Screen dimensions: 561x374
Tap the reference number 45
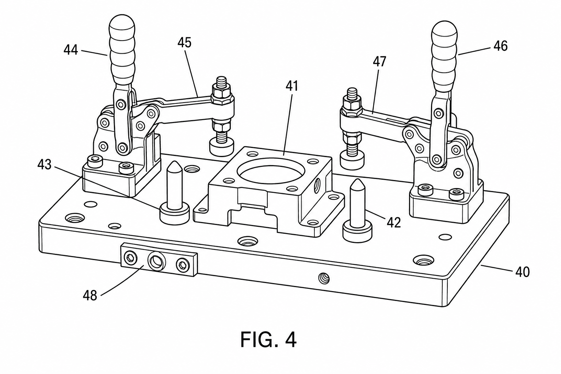pyautogui.click(x=184, y=43)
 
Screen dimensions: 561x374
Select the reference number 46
pyautogui.click(x=501, y=46)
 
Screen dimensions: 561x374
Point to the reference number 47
pyautogui.click(x=380, y=61)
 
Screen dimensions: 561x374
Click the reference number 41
pyautogui.click(x=292, y=86)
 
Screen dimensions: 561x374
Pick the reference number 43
pyautogui.click(x=45, y=165)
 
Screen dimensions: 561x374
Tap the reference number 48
pyautogui.click(x=90, y=295)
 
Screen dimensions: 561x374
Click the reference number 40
pyautogui.click(x=522, y=272)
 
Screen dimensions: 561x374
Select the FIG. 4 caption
pyautogui.click(x=268, y=340)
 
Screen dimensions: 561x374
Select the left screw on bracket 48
pyautogui.click(x=130, y=258)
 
